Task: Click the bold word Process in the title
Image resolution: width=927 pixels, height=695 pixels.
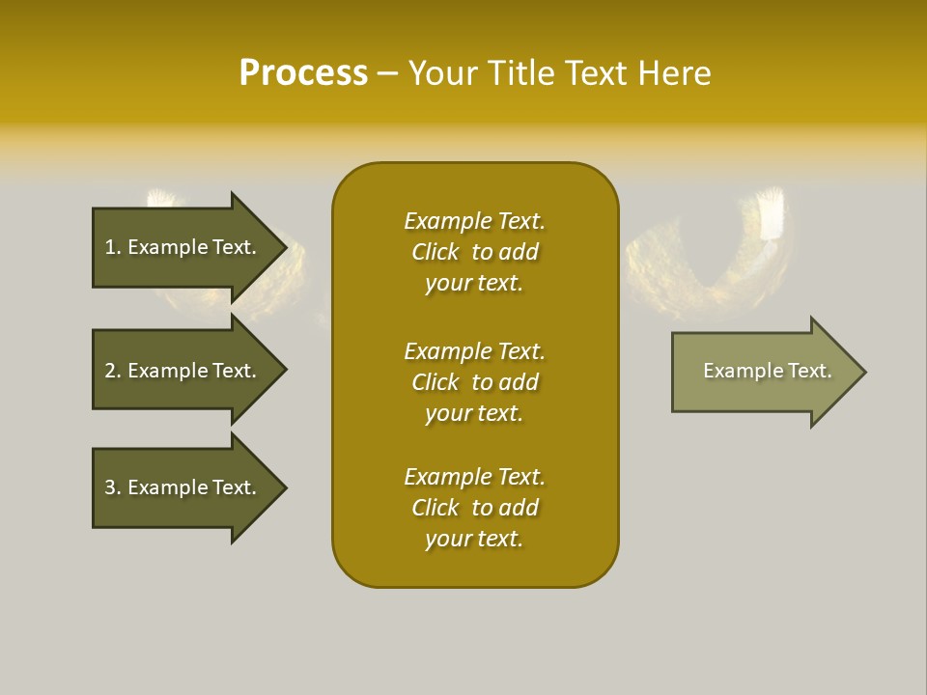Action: click(303, 73)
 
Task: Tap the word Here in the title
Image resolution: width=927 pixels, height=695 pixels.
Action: click(674, 73)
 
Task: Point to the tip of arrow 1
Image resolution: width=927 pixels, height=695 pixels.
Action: click(284, 247)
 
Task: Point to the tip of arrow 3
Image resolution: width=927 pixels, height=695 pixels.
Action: click(284, 487)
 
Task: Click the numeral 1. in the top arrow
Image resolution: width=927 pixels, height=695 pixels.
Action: click(113, 247)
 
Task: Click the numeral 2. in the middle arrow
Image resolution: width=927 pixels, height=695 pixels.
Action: click(113, 371)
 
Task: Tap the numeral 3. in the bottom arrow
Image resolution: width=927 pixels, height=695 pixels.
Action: click(113, 487)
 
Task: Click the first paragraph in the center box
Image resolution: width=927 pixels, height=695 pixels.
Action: click(474, 252)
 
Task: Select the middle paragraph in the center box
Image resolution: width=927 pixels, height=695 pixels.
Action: click(474, 382)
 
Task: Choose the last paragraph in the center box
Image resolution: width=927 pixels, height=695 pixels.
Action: click(474, 508)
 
